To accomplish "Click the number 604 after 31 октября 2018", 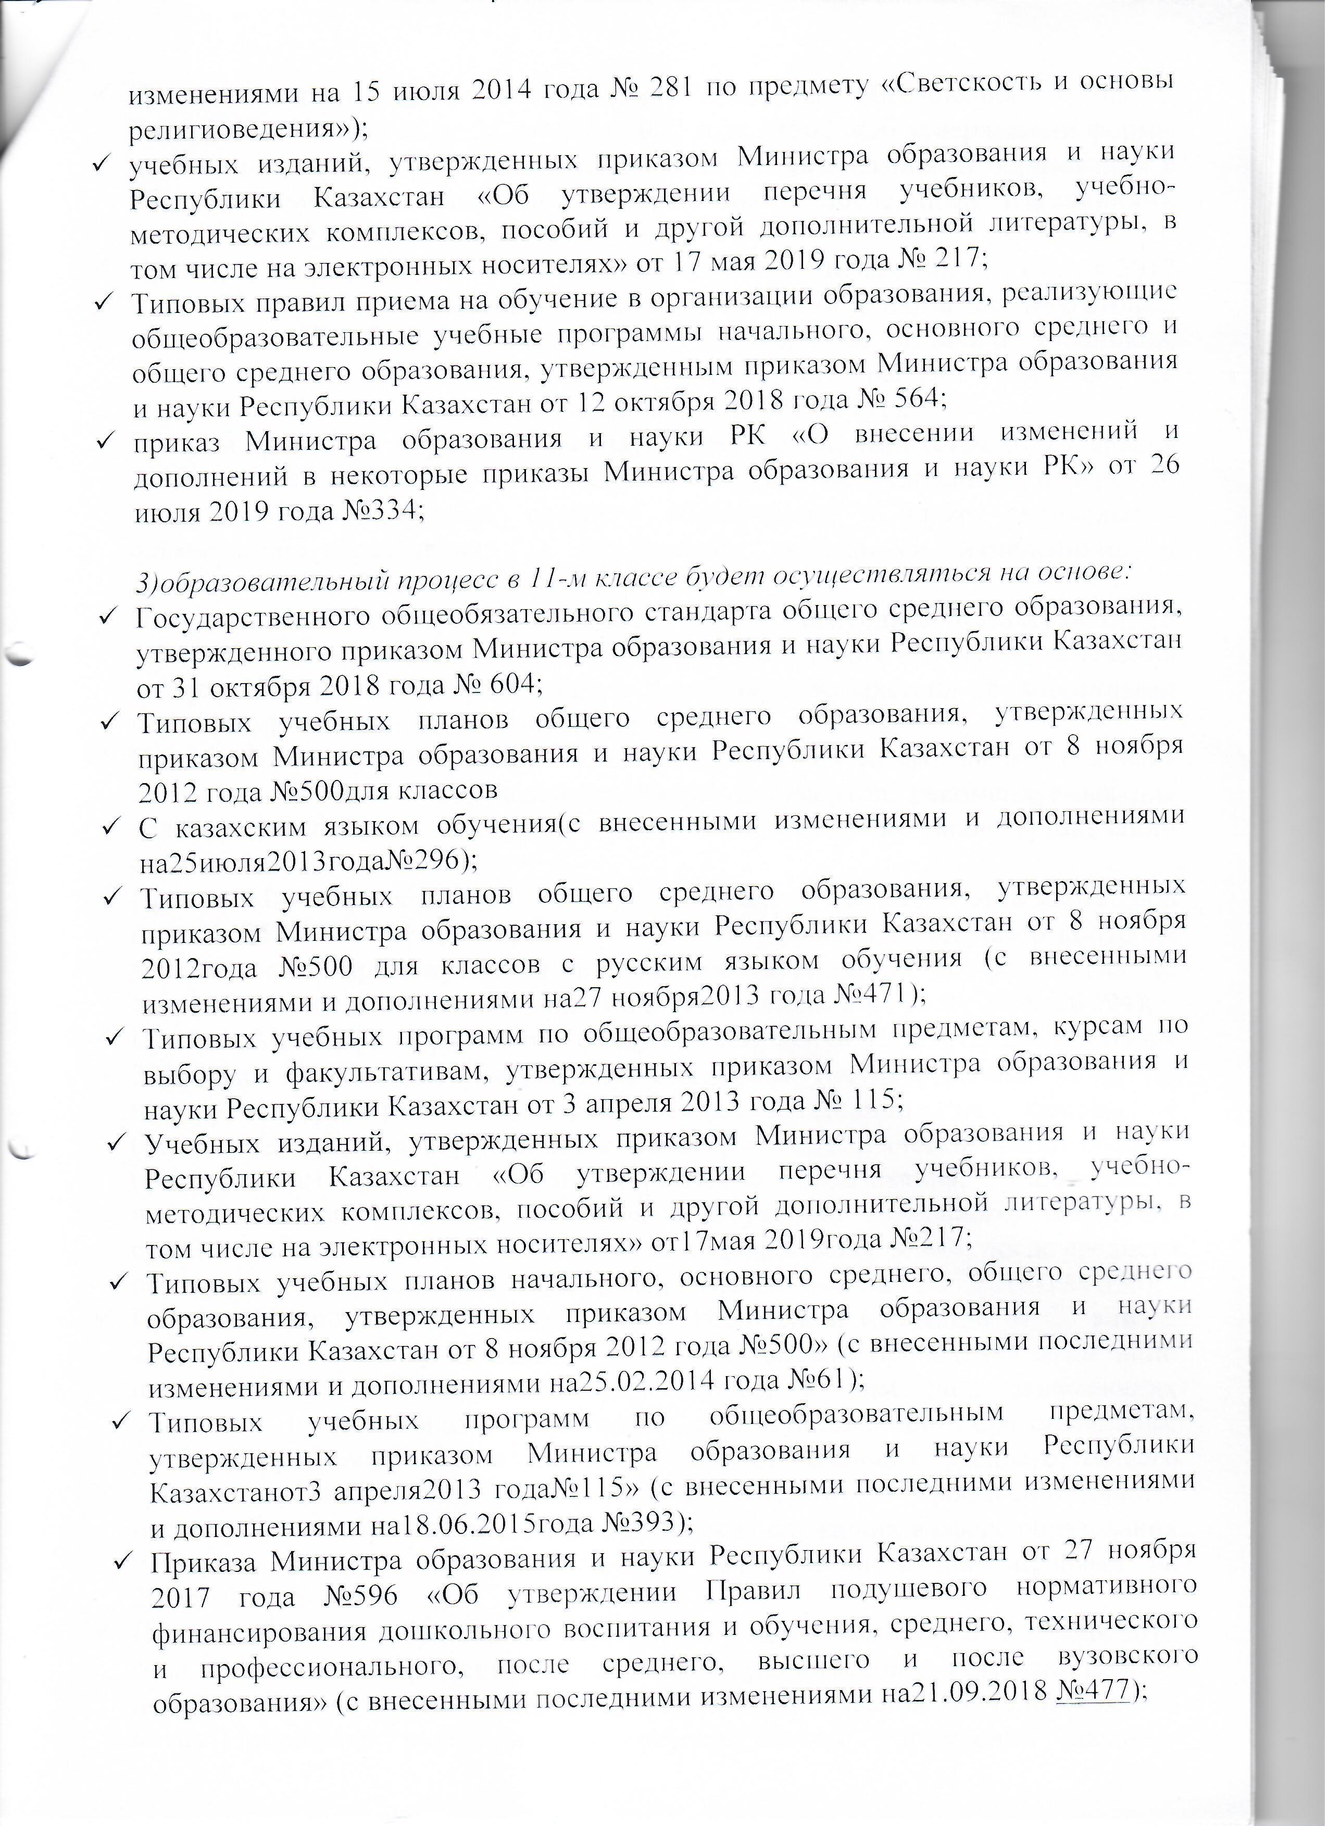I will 507,684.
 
